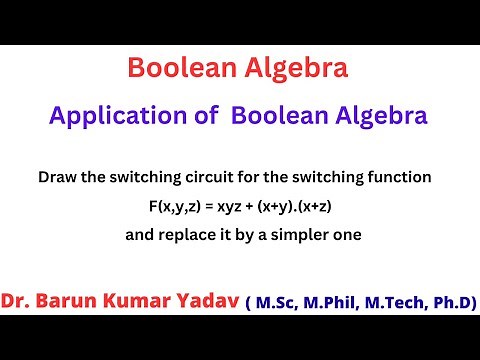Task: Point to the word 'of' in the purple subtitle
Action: [206, 116]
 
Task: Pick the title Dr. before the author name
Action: [20, 302]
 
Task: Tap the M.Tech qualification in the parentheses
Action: [398, 302]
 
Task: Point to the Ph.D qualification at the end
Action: [452, 302]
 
